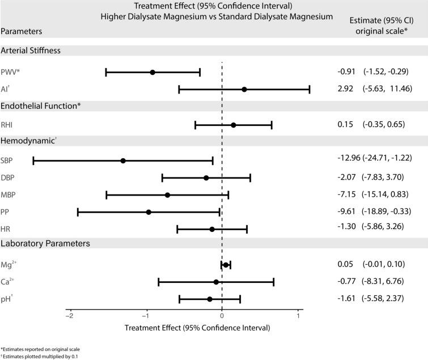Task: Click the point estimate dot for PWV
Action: click(x=152, y=73)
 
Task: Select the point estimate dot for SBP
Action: click(x=123, y=161)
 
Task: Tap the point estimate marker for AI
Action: click(x=244, y=90)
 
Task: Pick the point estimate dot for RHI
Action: click(x=233, y=125)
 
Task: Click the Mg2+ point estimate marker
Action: click(x=226, y=265)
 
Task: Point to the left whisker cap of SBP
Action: click(x=33, y=161)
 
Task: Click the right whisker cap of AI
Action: click(x=310, y=90)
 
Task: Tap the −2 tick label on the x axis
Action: click(x=69, y=316)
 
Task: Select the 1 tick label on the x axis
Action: click(x=298, y=316)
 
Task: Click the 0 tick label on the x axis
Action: click(x=222, y=316)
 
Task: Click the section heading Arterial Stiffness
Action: click(x=31, y=50)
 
